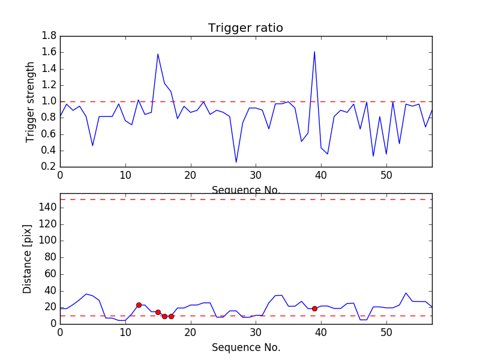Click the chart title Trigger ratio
click(x=245, y=28)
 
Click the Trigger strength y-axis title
click(x=31, y=101)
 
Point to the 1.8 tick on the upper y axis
click(x=49, y=36)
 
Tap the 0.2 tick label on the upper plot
click(x=49, y=167)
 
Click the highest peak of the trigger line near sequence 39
click(x=314, y=52)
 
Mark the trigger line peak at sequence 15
click(x=158, y=54)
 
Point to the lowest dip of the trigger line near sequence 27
click(x=236, y=162)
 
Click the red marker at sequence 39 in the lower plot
click(x=314, y=308)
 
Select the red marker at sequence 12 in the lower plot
click(x=139, y=305)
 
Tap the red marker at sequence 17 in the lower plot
click(x=171, y=316)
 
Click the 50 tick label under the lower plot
click(x=386, y=332)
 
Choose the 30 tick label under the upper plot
click(x=256, y=175)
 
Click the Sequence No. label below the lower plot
click(x=245, y=347)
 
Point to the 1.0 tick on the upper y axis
click(x=49, y=101)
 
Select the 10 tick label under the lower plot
click(x=125, y=332)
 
